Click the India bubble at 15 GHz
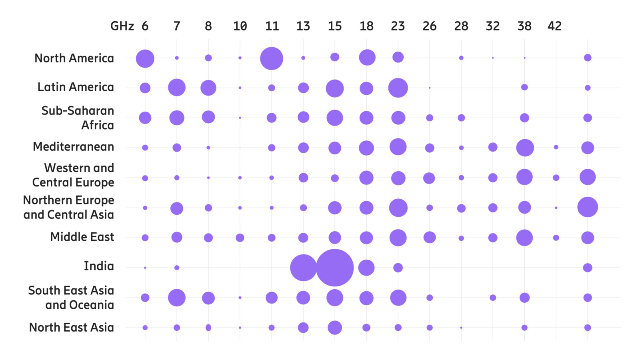point(335,268)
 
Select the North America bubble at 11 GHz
point(272,58)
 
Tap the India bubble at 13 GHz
point(303,268)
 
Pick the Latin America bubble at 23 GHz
point(398,88)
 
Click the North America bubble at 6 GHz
point(145,59)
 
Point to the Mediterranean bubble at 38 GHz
point(525,148)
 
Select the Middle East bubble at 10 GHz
point(240,238)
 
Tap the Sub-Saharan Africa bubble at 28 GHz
point(461,118)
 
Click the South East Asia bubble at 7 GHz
point(177,298)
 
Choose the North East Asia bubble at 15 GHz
point(335,328)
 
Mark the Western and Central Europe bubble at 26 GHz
point(429,178)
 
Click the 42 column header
point(554,26)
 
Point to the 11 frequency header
point(272,26)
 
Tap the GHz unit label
point(122,26)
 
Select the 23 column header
point(398,26)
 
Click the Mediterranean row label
point(74,147)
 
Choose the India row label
point(99,266)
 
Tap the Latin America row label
point(76,87)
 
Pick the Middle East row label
point(82,237)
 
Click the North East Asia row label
point(72,328)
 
